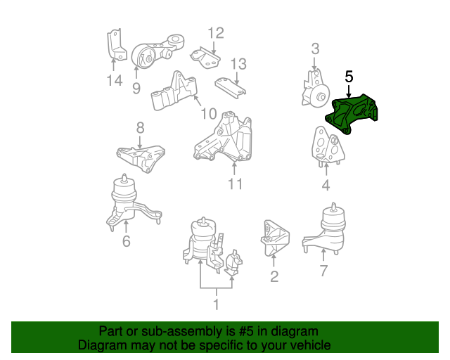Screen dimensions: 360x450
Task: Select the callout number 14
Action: pos(114,81)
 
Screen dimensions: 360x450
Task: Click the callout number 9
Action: pos(136,88)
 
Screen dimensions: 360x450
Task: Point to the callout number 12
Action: pos(215,32)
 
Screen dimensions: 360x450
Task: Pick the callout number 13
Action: pos(238,64)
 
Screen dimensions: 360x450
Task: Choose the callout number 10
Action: pos(209,113)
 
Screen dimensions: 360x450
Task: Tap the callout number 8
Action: pos(140,127)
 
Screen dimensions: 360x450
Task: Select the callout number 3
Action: pos(315,49)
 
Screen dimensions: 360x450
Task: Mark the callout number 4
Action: pos(326,186)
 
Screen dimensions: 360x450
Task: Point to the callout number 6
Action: pos(126,242)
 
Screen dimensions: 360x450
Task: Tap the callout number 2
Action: pos(274,276)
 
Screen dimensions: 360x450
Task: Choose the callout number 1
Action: pos(216,304)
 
